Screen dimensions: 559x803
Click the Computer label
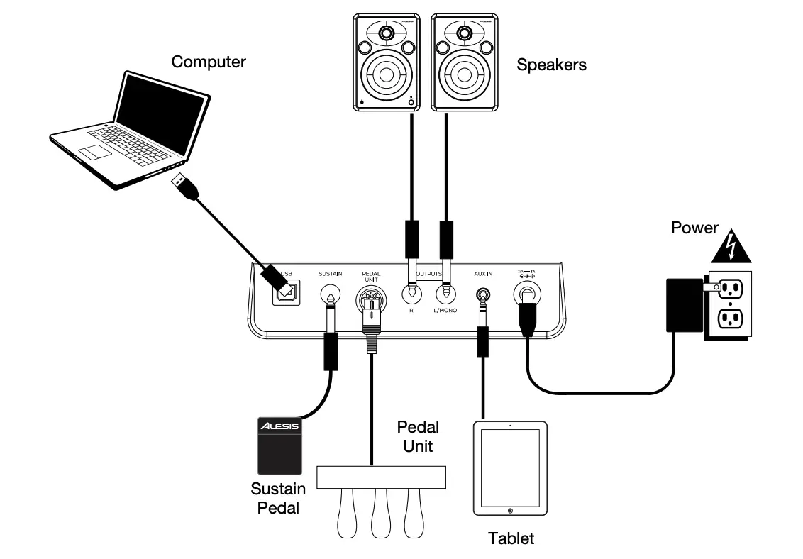209,62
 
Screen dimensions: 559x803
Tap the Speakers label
551,65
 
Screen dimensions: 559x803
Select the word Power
694,228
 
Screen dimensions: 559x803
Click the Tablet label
511,538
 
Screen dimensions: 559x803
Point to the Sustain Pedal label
278,498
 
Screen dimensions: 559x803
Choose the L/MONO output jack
445,292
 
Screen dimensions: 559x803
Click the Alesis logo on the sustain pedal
279,426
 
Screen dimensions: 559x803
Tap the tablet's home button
510,511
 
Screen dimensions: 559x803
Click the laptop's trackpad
94,151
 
